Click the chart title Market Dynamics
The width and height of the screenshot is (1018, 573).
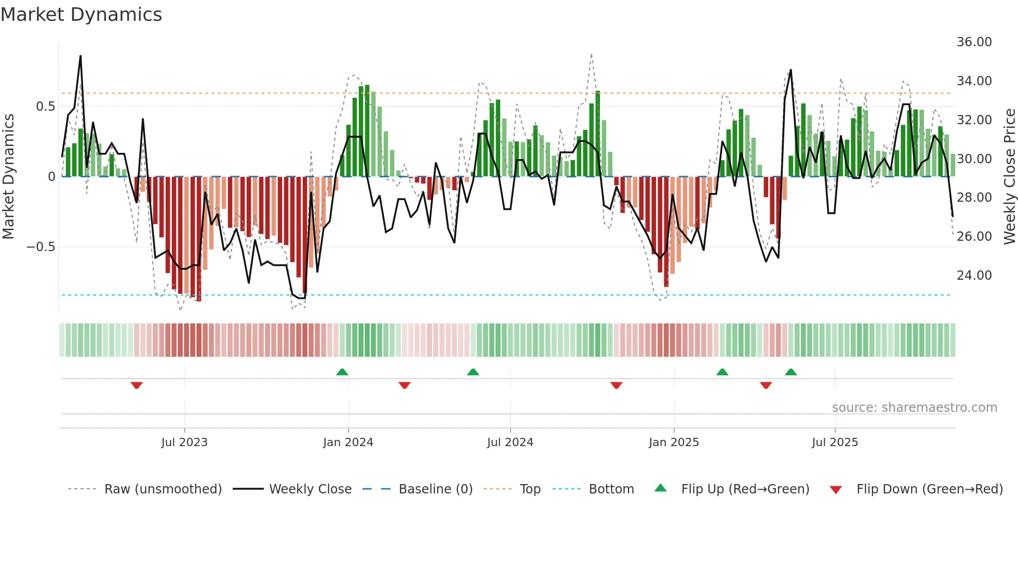[81, 15]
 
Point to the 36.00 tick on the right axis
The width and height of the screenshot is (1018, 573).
[974, 42]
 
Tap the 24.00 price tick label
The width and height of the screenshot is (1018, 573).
[974, 275]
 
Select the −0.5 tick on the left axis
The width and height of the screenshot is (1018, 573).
[41, 246]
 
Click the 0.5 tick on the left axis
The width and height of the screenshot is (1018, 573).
[45, 107]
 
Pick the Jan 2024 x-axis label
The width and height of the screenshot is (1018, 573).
[348, 442]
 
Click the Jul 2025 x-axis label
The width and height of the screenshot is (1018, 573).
[835, 442]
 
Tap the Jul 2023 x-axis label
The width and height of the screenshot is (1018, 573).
[184, 442]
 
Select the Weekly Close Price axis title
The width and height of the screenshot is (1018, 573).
[1009, 177]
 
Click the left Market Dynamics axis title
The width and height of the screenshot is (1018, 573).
[8, 177]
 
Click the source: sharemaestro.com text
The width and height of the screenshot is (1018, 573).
[914, 408]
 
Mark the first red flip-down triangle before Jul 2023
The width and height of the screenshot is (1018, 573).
[137, 385]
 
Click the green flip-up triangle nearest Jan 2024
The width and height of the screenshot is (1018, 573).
[342, 372]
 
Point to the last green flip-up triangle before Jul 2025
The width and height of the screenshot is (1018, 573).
[791, 372]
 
